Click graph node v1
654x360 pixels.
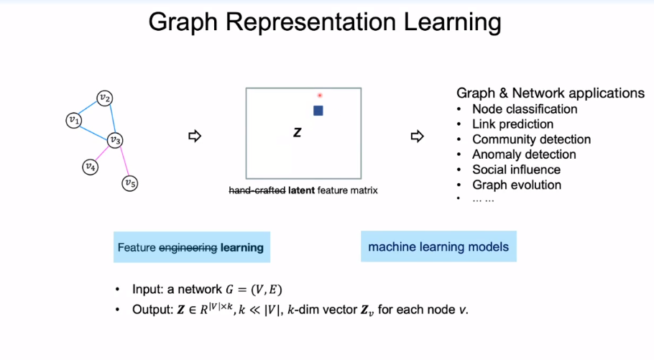click(x=73, y=120)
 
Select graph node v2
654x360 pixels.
click(x=105, y=98)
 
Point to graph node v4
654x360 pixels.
click(x=89, y=167)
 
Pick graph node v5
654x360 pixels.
click(x=129, y=183)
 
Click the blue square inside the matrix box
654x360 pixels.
click(x=318, y=111)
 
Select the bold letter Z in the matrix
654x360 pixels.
click(x=297, y=133)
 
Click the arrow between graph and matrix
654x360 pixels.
click(x=193, y=136)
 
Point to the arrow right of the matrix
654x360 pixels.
click(x=417, y=136)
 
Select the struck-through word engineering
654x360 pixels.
click(x=188, y=248)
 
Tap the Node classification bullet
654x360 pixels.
click(x=525, y=109)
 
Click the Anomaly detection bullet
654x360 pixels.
click(x=524, y=154)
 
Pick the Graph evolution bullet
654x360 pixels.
click(x=517, y=185)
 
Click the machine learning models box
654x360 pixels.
click(x=438, y=246)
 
